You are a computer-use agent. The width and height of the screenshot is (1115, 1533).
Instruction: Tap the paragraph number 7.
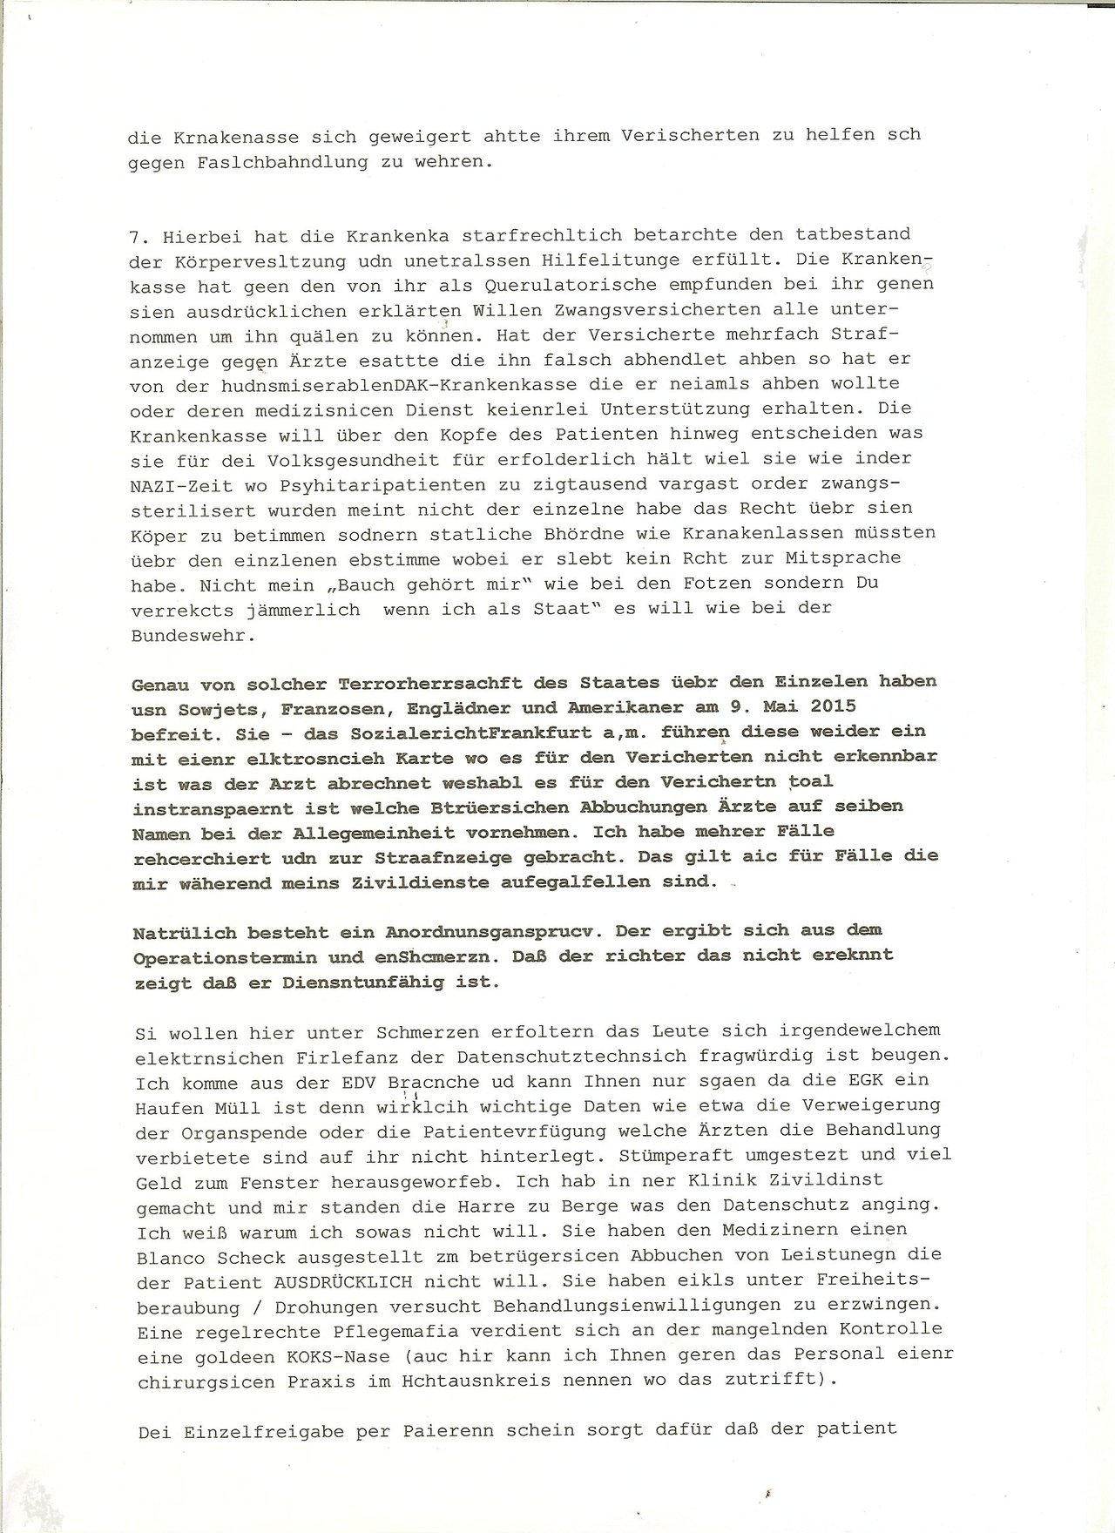(135, 234)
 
